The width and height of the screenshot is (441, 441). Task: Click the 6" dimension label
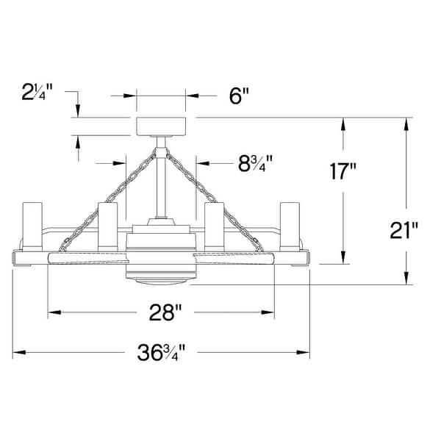pos(239,96)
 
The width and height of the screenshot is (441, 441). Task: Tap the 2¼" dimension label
pos(37,92)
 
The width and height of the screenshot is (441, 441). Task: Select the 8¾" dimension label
pos(255,164)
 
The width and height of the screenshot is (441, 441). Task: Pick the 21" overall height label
pos(404,230)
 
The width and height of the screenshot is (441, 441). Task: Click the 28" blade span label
pos(165,312)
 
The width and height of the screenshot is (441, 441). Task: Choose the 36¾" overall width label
pos(161,352)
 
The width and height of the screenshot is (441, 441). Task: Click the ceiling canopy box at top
pos(161,126)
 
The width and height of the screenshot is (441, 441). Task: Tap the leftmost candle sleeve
pos(32,226)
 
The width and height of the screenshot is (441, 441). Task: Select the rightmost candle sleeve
pos(290,226)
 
